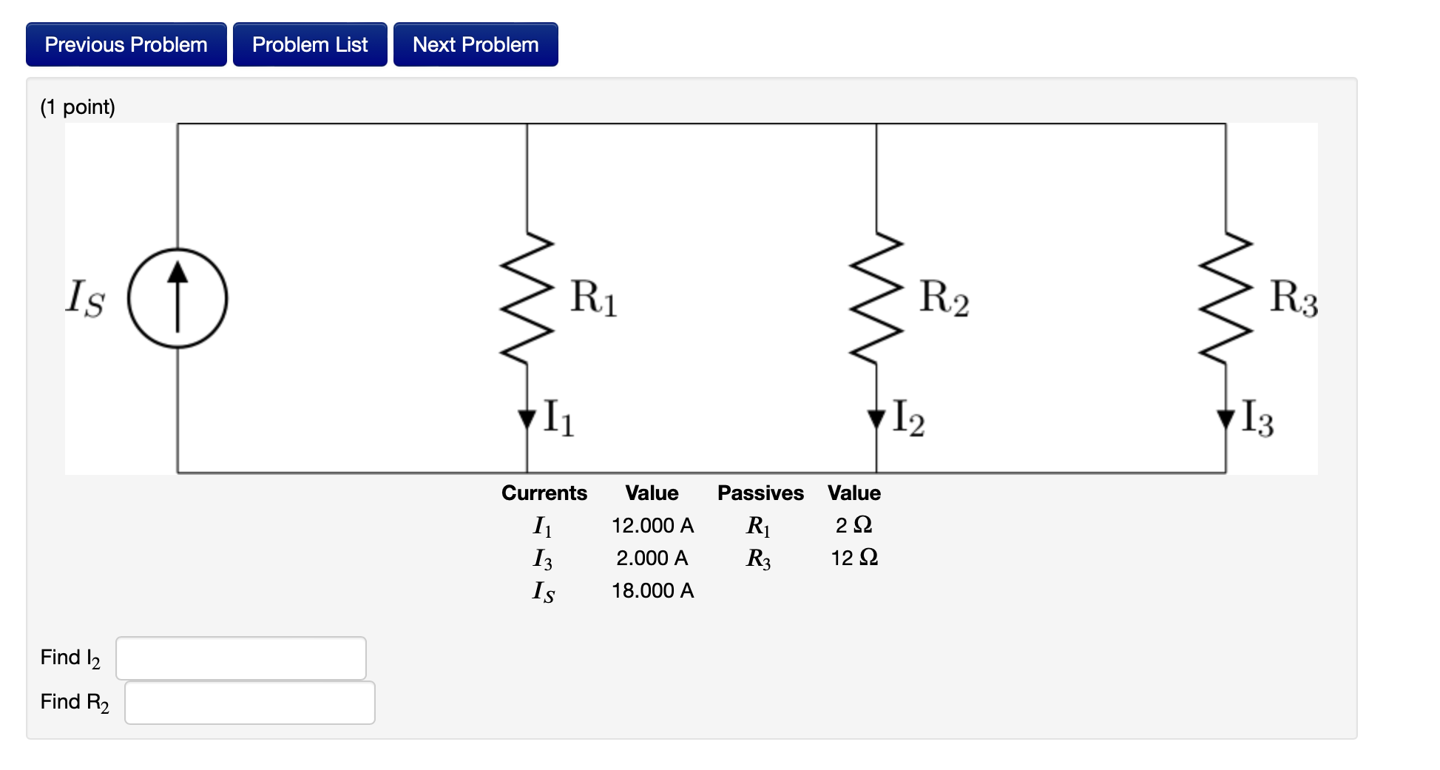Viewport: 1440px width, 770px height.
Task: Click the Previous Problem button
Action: (126, 44)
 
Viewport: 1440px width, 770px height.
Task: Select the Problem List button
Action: (310, 44)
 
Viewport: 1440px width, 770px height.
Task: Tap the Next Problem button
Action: (476, 44)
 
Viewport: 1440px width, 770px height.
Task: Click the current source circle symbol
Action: (178, 298)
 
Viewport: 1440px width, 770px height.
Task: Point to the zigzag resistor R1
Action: (527, 298)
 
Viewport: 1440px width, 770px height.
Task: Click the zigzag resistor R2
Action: (876, 298)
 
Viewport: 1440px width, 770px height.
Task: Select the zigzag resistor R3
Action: (1226, 298)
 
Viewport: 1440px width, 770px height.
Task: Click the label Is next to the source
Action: (85, 298)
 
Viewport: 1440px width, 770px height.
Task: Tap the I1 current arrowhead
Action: (527, 419)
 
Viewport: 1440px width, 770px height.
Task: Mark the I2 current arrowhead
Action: (876, 419)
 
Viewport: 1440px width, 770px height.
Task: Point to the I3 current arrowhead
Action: (1226, 419)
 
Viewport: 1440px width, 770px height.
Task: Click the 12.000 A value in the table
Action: (652, 525)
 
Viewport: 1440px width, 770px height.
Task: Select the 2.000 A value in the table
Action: (652, 558)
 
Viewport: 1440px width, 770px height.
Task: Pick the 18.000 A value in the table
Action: (652, 590)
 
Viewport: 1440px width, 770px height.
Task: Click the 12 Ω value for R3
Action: (854, 558)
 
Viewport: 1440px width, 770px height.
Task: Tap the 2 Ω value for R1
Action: (854, 525)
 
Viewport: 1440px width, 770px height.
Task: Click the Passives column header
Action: (760, 493)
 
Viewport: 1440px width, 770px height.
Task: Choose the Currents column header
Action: (544, 493)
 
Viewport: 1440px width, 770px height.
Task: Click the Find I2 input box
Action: (241, 658)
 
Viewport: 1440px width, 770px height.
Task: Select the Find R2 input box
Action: (250, 702)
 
